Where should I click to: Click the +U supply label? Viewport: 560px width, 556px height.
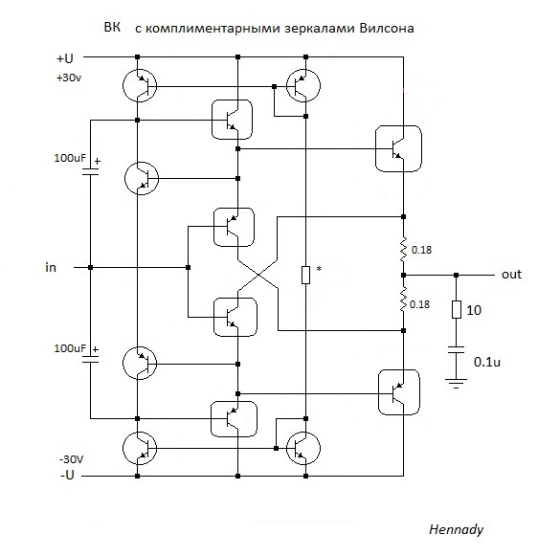click(65, 58)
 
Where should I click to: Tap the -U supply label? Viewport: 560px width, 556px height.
click(67, 475)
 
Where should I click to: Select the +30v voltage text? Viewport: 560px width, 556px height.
click(69, 78)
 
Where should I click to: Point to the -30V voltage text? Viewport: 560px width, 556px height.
click(71, 459)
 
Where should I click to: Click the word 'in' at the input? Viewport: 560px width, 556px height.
click(51, 267)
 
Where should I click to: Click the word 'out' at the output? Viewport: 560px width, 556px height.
click(511, 275)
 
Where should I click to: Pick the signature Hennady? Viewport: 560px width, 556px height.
click(456, 529)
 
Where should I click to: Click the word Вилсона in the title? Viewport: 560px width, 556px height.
click(387, 28)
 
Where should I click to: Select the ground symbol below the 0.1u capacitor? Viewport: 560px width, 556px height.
click(456, 383)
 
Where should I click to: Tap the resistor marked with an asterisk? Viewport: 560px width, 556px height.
click(305, 275)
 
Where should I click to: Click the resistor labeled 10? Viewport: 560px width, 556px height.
click(457, 310)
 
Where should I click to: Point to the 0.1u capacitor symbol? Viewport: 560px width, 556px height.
click(456, 349)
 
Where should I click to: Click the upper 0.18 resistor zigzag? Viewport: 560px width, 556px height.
click(404, 248)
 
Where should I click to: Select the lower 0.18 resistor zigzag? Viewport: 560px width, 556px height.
click(404, 300)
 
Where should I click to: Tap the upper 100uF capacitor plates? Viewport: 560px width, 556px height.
click(90, 172)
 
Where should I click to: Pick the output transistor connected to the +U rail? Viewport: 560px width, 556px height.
click(398, 148)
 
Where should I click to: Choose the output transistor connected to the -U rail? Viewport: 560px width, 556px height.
click(399, 392)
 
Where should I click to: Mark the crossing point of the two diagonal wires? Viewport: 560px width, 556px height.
click(258, 275)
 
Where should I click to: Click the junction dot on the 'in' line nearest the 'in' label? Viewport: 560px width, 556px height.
click(90, 267)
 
